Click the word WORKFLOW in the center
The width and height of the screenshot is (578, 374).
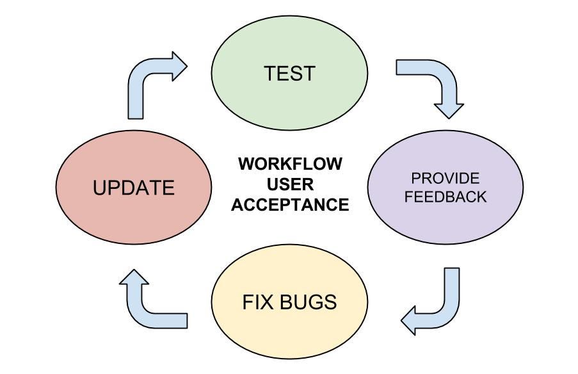[290, 163]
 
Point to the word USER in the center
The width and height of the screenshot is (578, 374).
[290, 184]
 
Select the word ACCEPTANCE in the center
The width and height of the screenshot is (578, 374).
[290, 205]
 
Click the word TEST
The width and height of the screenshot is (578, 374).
[289, 73]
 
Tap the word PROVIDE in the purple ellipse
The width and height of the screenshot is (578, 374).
[446, 178]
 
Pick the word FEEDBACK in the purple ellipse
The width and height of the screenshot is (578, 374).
[446, 196]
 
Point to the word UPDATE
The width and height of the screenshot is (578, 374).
[133, 188]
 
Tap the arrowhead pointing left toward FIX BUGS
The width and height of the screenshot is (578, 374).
[412, 320]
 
